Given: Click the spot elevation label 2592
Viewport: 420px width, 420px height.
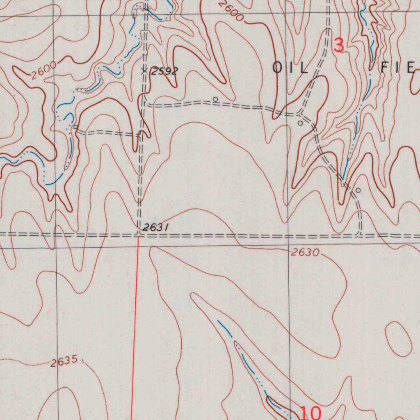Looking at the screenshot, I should coord(164,71).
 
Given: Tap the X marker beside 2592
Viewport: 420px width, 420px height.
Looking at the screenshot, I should coord(144,71).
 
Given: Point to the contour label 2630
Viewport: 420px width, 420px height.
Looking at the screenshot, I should coord(305,253).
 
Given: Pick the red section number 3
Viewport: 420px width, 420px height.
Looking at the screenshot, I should coord(339,45).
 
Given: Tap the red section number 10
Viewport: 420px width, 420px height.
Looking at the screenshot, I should coord(311,413).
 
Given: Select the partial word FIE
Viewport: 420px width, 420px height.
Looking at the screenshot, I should coord(398,68).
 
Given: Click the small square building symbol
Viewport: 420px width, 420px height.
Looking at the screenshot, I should coord(76,127).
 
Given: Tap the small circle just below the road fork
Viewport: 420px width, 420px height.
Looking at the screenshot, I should coord(300,123).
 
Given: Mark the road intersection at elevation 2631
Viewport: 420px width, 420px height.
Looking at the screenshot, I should coord(139,235).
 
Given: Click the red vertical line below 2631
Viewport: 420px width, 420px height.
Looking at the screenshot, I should coord(135,328).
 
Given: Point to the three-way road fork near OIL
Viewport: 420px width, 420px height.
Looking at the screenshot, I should coord(301,112).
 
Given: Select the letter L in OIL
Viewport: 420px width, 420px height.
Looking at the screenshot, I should coord(304,68).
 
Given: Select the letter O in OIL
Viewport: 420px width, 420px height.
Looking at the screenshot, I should coord(278,68).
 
